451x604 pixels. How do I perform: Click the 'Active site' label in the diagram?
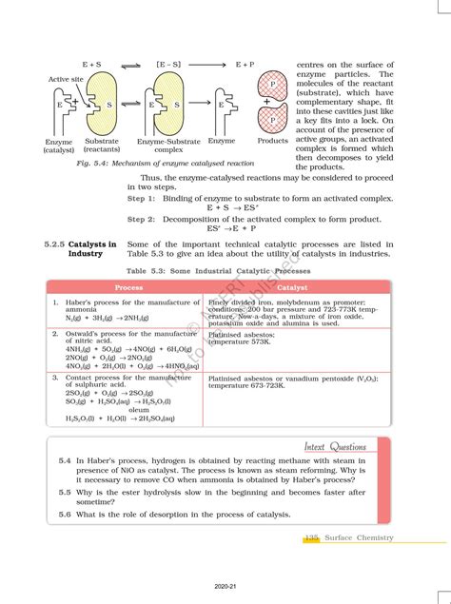64,80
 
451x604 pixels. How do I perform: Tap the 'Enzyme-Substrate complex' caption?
168,146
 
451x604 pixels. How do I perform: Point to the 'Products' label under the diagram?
272,141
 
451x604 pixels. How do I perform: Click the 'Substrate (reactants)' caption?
102,146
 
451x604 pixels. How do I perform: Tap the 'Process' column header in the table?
129,286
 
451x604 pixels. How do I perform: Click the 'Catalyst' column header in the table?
292,286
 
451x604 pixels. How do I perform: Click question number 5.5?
64,493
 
